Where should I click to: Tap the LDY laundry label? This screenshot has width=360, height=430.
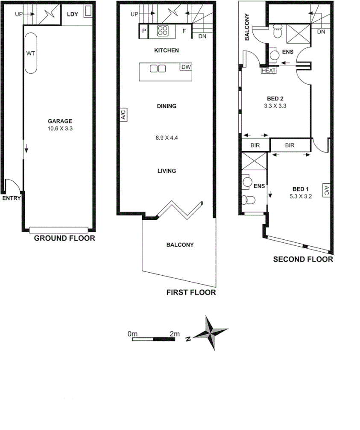(73, 14)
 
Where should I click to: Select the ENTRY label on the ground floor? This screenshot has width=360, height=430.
(10, 198)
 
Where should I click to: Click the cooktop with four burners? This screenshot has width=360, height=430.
(163, 31)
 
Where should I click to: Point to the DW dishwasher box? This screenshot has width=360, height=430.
(186, 67)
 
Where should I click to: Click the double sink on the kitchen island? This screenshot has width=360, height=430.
(157, 68)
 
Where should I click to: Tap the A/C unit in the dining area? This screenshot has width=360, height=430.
(123, 115)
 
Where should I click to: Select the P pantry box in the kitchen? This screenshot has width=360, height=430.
(144, 31)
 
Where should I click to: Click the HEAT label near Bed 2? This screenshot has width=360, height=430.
(268, 71)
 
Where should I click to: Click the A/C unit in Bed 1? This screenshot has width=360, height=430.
(325, 191)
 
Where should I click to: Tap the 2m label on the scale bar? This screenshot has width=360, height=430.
(174, 333)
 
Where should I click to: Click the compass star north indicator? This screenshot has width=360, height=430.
(211, 333)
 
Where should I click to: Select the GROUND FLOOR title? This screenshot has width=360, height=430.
(64, 239)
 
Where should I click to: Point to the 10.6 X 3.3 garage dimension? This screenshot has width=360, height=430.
(60, 128)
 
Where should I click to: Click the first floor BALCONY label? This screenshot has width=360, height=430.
(180, 245)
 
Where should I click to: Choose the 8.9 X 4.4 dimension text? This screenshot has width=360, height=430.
(166, 138)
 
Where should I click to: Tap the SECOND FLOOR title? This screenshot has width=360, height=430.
(303, 259)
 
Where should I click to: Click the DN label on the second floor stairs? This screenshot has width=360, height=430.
(321, 32)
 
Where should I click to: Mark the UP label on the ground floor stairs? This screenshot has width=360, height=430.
(18, 14)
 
